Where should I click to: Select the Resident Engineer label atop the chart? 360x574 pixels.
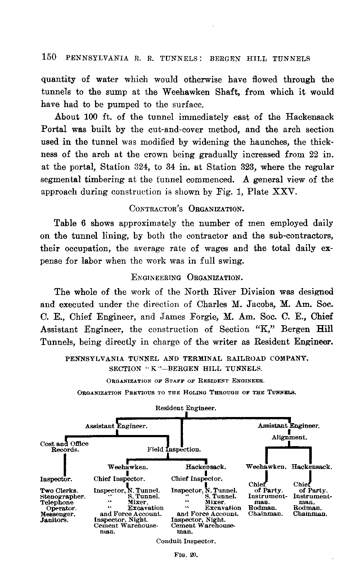coord(186,408)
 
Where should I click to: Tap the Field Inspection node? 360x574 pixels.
coord(174,450)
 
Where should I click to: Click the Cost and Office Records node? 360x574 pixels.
coord(64,447)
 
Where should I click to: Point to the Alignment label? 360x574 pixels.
coord(289,438)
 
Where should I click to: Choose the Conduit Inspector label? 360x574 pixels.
coord(186,541)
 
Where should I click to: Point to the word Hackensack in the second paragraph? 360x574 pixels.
coord(309,117)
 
